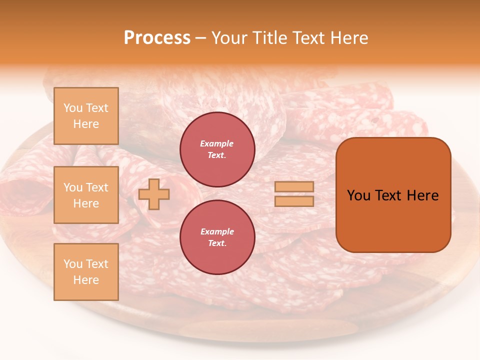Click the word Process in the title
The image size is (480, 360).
[x=157, y=38]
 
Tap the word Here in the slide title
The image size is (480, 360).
[x=348, y=38]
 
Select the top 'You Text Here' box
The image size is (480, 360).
[x=86, y=116]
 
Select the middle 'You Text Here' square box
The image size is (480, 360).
[x=86, y=195]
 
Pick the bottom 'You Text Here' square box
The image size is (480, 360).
[x=86, y=272]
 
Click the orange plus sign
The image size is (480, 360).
[x=154, y=194]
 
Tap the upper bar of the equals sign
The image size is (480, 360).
[x=294, y=187]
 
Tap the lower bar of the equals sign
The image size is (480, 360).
[x=294, y=201]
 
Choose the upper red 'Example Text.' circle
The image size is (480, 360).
[x=217, y=149]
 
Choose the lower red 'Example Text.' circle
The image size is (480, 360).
[x=217, y=237]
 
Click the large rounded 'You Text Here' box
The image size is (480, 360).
[x=393, y=195]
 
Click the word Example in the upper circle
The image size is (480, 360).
[x=217, y=143]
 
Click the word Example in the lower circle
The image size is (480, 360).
[x=217, y=231]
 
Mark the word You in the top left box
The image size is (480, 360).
[x=73, y=108]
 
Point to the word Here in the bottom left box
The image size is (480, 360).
[x=86, y=280]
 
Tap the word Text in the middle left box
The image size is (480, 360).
[x=97, y=187]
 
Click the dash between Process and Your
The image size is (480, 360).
[x=200, y=38]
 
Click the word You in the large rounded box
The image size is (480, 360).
[x=359, y=195]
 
